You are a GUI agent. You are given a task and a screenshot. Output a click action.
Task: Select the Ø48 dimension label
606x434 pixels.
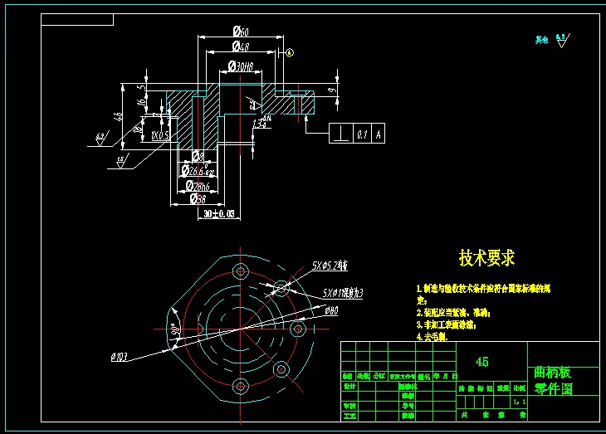coord(242,47)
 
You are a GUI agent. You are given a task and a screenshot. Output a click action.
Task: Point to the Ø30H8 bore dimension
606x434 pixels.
coord(240,66)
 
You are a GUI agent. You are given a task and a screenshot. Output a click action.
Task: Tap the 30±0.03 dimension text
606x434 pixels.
coord(219,214)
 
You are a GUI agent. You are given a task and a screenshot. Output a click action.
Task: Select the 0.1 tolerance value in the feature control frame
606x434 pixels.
coord(361,133)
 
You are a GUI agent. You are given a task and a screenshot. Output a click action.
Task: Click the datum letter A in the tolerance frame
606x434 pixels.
coord(379,133)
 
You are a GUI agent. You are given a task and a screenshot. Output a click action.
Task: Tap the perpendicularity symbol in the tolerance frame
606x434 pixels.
coord(341,133)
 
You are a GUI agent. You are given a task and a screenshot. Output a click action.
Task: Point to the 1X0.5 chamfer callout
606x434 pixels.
coord(159,134)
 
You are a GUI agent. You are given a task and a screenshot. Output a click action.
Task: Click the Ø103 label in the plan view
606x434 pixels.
coord(119,357)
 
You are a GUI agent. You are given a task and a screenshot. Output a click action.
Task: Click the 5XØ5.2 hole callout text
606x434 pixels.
coord(330,266)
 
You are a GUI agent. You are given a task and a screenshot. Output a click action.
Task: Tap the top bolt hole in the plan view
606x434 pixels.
coord(242,271)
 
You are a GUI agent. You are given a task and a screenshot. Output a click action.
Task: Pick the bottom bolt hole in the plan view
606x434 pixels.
coord(242,386)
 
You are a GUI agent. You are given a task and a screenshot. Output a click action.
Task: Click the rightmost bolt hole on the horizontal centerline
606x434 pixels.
coord(297,329)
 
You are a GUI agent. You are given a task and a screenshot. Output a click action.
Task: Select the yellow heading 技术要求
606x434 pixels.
coord(487,258)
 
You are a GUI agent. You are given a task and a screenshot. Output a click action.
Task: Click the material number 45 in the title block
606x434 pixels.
coord(481,362)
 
